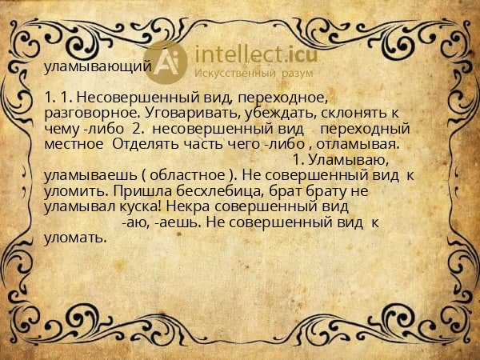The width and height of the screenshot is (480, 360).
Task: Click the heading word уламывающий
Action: pyautogui.click(x=97, y=66)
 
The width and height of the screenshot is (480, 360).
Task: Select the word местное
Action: pyautogui.click(x=74, y=143)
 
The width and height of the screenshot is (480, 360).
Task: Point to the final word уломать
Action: pyautogui.click(x=75, y=238)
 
